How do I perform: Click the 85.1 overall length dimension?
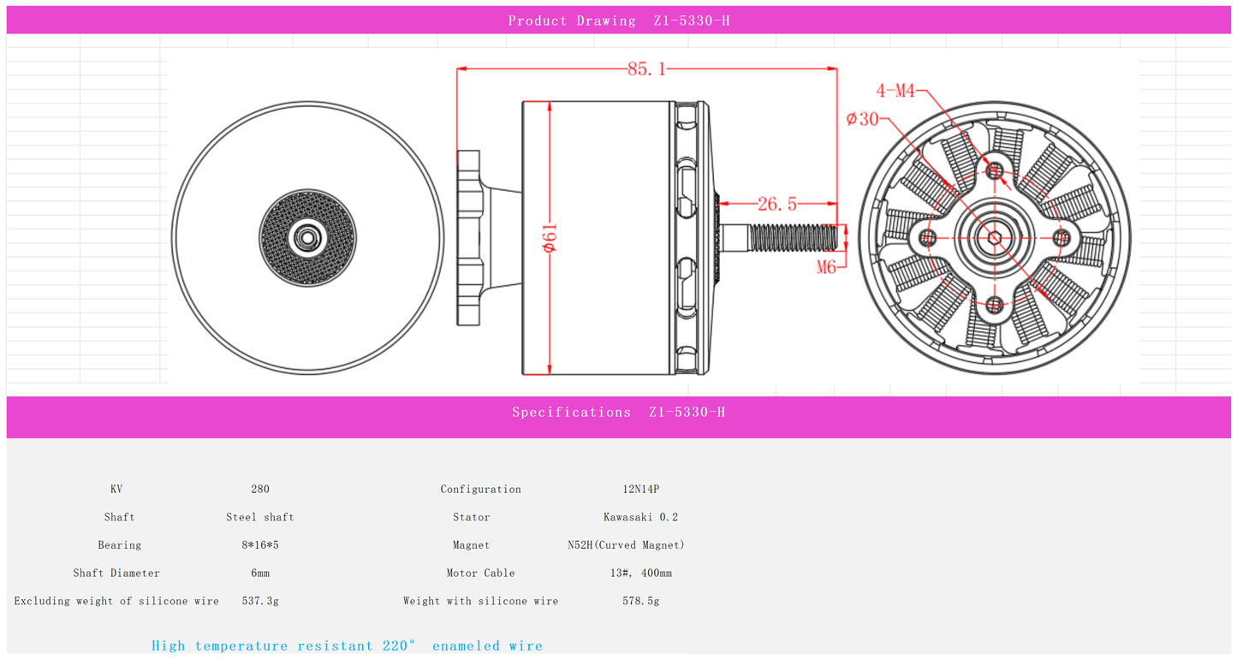tap(646, 69)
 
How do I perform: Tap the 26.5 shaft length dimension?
tap(777, 204)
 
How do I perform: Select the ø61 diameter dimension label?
tap(550, 238)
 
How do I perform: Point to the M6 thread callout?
tap(826, 267)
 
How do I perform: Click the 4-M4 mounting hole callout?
tap(895, 90)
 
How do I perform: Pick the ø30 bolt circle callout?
tap(862, 119)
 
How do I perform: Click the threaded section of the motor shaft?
tap(793, 237)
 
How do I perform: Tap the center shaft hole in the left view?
tap(307, 238)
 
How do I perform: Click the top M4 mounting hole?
tap(995, 170)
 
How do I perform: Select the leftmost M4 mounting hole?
tap(928, 238)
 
